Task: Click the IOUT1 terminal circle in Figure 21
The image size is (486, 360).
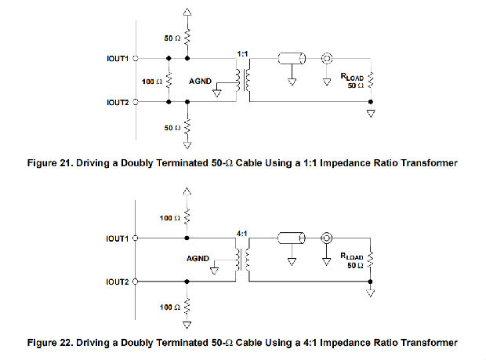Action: coord(136,58)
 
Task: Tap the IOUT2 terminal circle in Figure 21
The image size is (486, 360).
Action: coord(136,102)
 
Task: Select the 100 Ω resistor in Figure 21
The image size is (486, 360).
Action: coord(169,81)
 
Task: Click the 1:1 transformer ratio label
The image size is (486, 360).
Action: coord(242,54)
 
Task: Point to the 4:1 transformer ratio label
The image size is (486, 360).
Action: coord(241,233)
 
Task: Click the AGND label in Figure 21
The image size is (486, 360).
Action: coord(200,82)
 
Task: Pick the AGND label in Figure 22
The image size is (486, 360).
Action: coord(198,258)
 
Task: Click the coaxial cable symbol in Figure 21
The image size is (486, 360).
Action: coord(292,58)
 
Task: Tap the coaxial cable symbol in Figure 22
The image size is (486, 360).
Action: coord(292,238)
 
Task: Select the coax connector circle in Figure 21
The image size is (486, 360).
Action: coord(327,58)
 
